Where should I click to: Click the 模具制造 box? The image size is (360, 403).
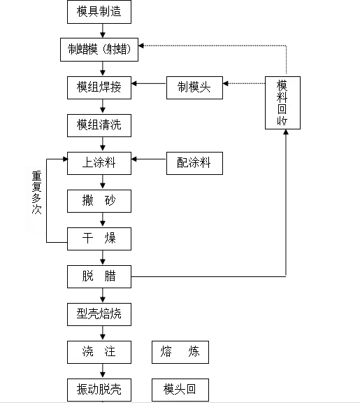coord(103,12)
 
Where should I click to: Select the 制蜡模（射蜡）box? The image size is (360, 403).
coord(103,50)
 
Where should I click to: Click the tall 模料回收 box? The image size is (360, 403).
coord(282,103)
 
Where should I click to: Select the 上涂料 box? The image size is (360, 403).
coord(99,163)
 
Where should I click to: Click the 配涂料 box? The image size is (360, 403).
coord(194,163)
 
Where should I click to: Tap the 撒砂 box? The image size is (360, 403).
coord(99,201)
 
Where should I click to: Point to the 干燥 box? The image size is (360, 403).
coord(99,239)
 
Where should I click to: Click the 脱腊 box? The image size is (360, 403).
coord(99,276)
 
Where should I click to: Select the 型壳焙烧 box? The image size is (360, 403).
coord(99,313)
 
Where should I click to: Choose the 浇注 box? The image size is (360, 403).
coord(99,351)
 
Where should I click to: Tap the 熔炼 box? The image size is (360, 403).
coord(180,351)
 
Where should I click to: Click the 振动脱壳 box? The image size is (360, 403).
coord(99,389)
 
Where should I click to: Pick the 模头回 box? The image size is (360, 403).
coord(180,389)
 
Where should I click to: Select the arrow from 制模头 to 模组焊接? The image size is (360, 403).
coord(148,85)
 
